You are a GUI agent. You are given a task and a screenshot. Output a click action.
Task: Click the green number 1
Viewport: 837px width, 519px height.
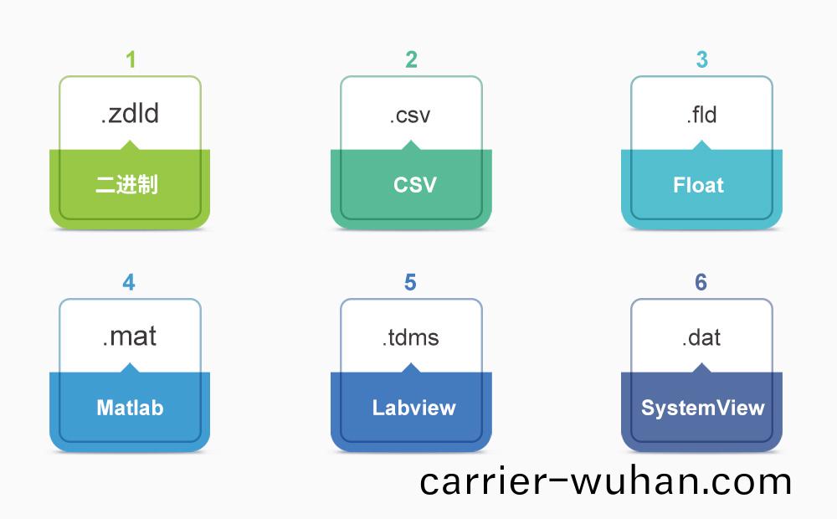tap(131, 59)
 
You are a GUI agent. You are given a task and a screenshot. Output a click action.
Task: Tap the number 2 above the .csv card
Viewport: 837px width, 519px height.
tap(411, 59)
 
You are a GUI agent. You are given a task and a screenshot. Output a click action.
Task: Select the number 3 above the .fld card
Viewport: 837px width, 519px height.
tap(701, 59)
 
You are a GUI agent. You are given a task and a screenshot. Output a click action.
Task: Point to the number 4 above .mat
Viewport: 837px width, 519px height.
tap(129, 282)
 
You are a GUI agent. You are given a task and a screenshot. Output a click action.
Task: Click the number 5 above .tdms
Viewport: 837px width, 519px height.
tap(410, 282)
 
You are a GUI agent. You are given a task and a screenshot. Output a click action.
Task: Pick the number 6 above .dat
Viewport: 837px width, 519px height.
tap(701, 282)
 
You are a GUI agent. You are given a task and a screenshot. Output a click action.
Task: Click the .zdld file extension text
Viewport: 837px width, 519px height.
tap(130, 114)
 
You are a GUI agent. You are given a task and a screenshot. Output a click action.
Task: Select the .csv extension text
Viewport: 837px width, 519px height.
tap(410, 115)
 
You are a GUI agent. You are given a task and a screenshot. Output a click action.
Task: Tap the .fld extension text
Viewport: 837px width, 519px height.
tap(701, 114)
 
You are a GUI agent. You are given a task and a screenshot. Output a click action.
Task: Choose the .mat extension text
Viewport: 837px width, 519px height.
tap(130, 337)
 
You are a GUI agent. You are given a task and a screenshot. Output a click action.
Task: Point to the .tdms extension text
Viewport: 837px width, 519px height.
tap(411, 337)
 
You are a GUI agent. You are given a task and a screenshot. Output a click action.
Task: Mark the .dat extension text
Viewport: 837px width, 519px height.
tap(701, 337)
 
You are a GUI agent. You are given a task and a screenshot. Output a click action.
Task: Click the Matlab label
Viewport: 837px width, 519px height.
tap(130, 408)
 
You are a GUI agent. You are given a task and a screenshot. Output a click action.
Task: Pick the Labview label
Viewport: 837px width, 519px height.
tap(414, 408)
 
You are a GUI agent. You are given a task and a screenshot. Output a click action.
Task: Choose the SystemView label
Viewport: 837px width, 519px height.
tap(702, 408)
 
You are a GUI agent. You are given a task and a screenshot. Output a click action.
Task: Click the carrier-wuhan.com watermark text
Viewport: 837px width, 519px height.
tap(605, 481)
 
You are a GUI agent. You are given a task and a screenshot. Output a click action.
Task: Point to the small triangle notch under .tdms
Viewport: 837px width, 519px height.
tap(411, 367)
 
